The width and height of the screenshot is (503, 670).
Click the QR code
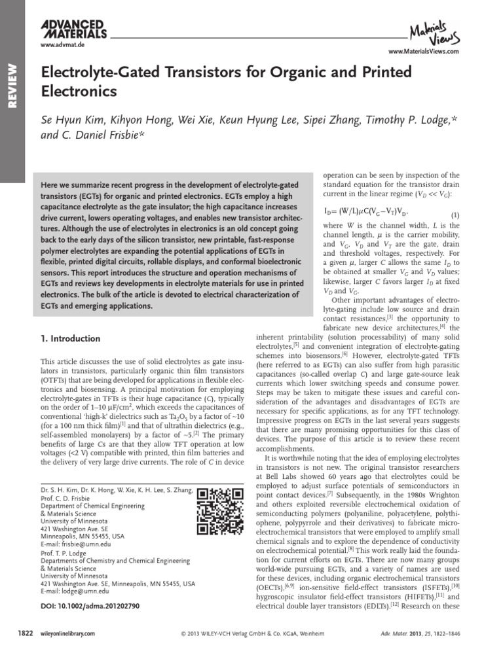point(217,510)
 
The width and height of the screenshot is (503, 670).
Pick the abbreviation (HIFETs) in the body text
point(405,597)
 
